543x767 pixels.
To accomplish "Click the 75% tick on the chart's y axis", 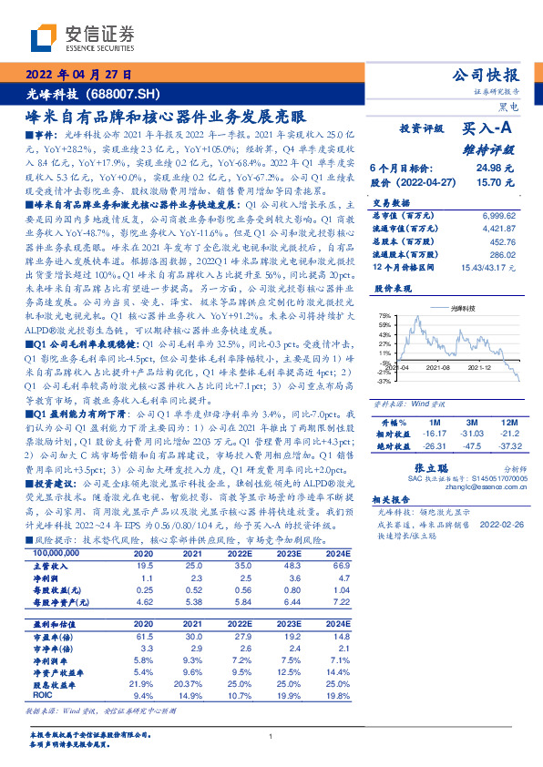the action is tap(386, 314).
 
